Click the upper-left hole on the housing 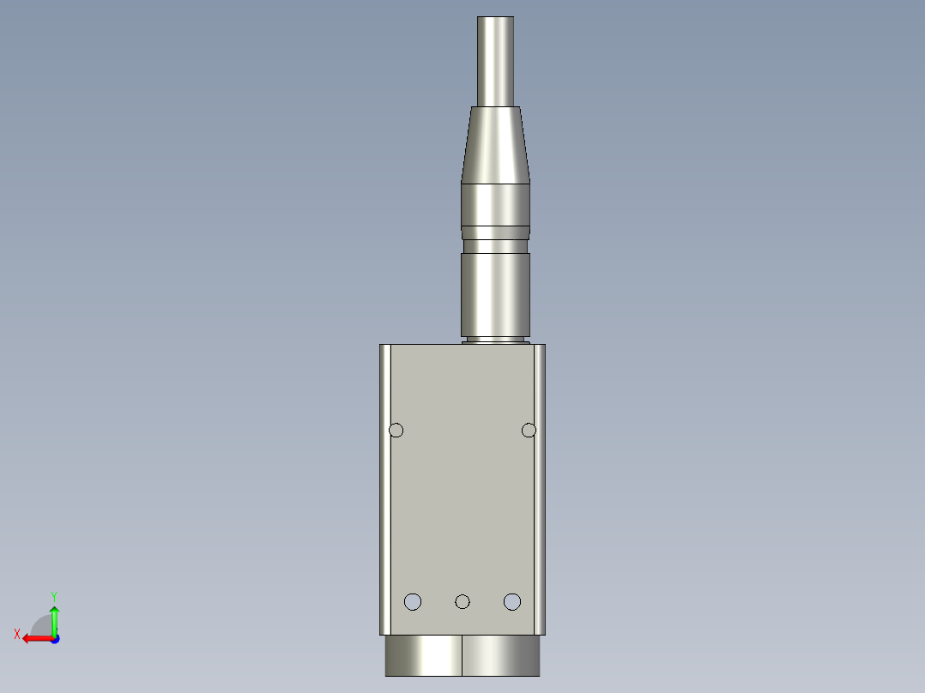396,430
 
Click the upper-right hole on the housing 529,430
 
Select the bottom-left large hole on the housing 413,601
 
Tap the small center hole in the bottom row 462,602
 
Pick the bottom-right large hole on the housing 512,601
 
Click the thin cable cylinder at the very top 496,60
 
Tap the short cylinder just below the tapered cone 496,204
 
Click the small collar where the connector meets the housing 496,340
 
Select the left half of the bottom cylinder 424,655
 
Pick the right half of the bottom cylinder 501,655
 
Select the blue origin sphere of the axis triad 54,639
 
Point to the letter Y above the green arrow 53,595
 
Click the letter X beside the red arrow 17,634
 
